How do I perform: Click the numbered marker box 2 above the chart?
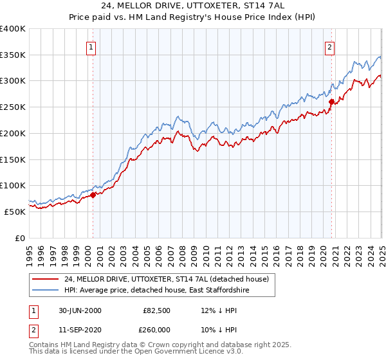329,46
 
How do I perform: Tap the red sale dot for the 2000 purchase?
93,194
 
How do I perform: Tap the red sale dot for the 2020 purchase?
331,101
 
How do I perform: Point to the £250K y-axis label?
13,107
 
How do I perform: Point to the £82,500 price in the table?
157,310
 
